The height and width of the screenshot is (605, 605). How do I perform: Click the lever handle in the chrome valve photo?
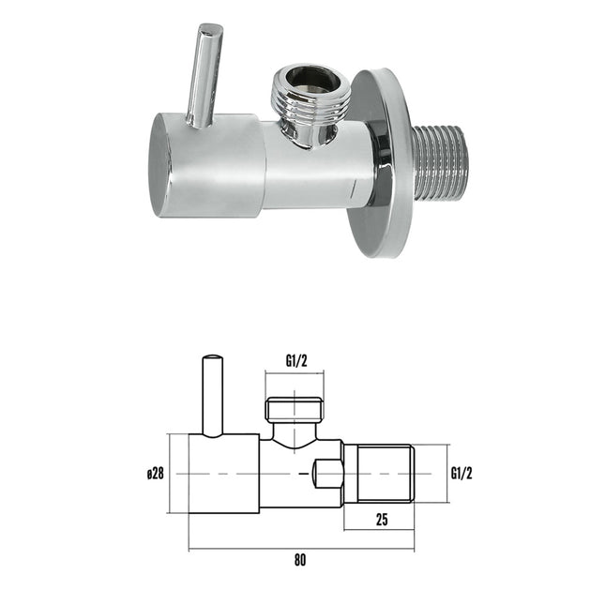pos(205,75)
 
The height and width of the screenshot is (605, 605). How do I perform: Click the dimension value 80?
pos(300,560)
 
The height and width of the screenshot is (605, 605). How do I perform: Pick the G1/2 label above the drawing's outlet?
pos(296,358)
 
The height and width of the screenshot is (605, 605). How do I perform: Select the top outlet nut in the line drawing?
pos(295,409)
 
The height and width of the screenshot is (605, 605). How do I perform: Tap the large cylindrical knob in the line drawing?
pos(223,474)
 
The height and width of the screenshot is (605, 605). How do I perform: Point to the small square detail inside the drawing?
pos(327,475)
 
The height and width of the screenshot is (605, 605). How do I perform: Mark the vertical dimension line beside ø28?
pos(170,474)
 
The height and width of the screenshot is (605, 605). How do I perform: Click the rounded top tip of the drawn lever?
pos(214,358)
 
